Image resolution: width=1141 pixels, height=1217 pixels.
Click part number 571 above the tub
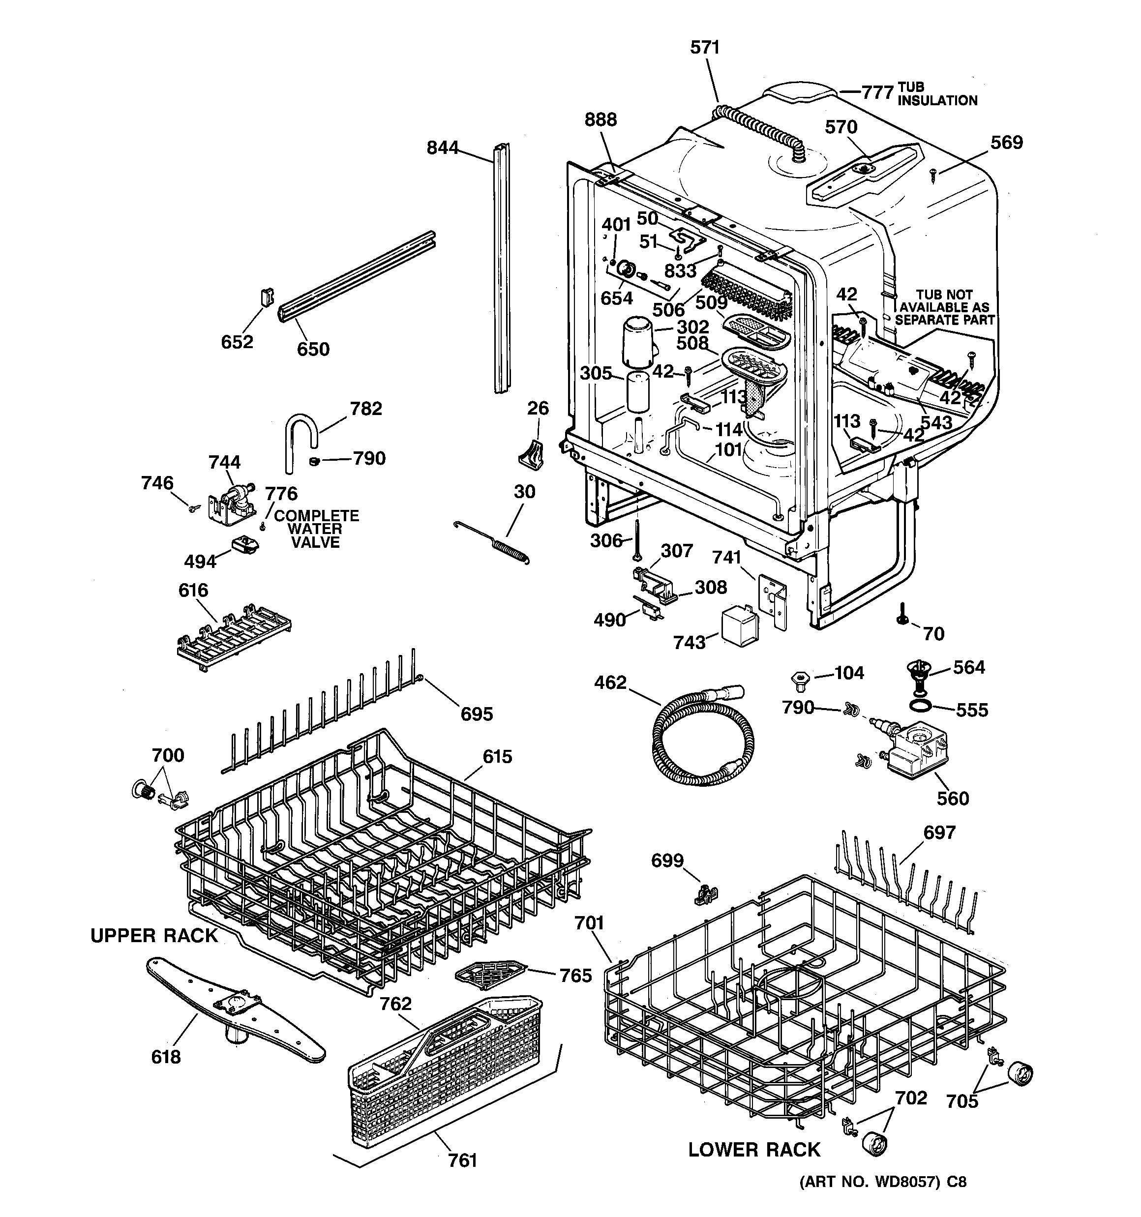tap(704, 48)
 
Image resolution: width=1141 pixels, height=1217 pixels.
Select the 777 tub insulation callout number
tap(878, 92)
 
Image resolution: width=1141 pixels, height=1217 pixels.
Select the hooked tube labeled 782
tap(300, 438)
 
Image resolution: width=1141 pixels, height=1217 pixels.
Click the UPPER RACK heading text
tap(154, 936)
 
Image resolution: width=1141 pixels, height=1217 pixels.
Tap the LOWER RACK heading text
tap(753, 1150)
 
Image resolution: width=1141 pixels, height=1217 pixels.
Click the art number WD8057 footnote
tap(882, 1199)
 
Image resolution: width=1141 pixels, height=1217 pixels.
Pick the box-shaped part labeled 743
tap(739, 625)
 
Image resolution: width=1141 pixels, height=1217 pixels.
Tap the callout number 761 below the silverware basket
tap(462, 1160)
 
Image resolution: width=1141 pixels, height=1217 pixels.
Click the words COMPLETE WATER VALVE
tap(316, 529)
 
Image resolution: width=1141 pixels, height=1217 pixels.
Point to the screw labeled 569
tap(934, 175)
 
